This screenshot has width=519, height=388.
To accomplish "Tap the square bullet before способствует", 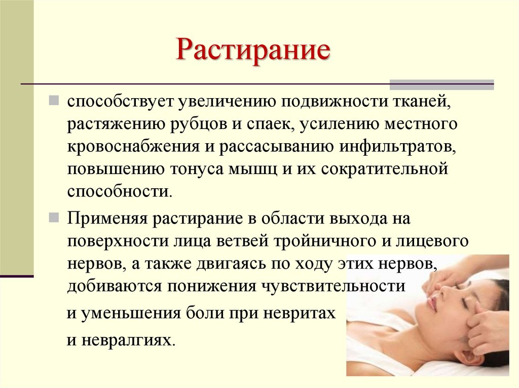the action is coord(54,100).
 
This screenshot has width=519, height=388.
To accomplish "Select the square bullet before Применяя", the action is coord(54,218).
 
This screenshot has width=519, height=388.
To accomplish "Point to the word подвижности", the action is coord(335,102).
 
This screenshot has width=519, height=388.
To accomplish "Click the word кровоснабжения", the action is coord(134,146).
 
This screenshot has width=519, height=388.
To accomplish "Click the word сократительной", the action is coord(384,169).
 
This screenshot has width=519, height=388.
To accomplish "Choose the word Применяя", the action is coord(107,219).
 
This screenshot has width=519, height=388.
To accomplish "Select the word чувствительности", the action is coord(333,286).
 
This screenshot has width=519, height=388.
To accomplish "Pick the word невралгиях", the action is coord(127,340).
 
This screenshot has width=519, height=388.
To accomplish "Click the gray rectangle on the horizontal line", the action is coord(441,84).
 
